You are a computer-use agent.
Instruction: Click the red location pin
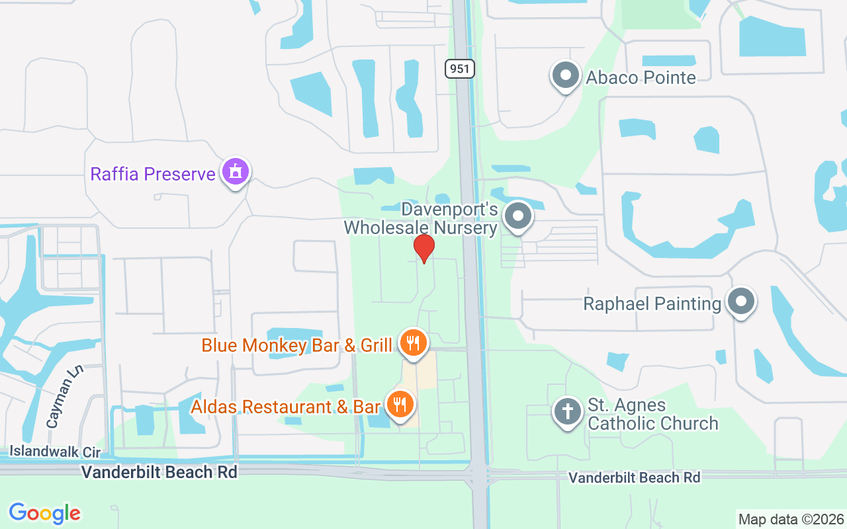coord(423,248)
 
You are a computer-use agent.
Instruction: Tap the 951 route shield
coord(460,68)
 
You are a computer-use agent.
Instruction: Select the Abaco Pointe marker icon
coord(566,76)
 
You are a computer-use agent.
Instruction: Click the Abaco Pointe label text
coord(641,78)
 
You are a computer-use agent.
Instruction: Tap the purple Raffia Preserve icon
coord(235,173)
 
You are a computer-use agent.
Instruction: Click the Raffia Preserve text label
coord(153,174)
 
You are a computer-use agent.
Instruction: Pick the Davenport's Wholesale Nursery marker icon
coord(518,216)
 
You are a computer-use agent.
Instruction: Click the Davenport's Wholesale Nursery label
coord(420,219)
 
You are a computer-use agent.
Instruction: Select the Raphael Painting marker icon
coord(740,302)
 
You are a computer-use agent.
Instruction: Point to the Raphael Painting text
coord(652,304)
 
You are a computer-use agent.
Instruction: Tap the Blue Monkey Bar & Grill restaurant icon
coord(414,343)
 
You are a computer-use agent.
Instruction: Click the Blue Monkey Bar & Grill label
coord(297,345)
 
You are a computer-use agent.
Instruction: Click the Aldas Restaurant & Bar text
coord(286,407)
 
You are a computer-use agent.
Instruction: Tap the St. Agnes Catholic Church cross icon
coord(567,411)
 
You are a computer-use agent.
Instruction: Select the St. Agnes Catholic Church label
coord(653,414)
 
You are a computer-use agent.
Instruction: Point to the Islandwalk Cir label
coord(55,452)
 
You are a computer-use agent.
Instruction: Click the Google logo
coord(45,513)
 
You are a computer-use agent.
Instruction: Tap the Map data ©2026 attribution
coord(791,519)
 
